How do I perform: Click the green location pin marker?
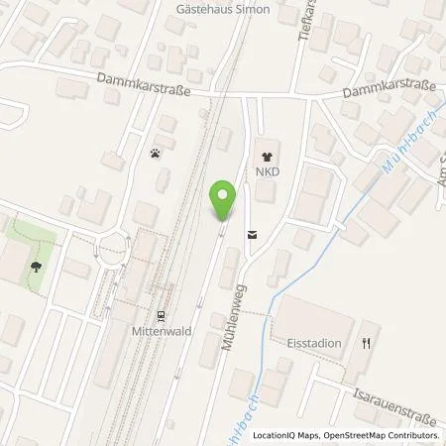click(224, 200)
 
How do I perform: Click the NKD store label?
click(266, 171)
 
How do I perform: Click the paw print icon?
click(156, 154)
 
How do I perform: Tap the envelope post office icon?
click(251, 235)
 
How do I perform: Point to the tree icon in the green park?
click(37, 266)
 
